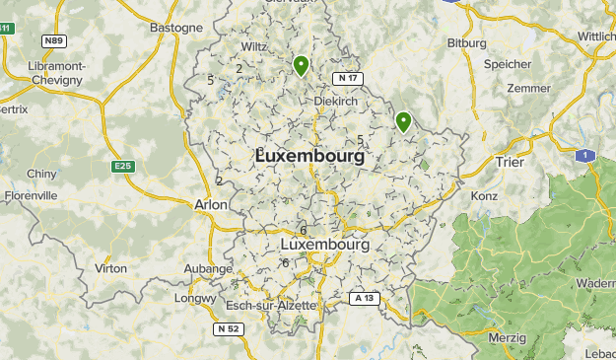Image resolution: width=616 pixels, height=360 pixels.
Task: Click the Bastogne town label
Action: [175, 28]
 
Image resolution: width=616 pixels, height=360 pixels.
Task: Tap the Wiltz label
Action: [254, 46]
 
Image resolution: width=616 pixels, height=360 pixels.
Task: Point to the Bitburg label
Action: [467, 43]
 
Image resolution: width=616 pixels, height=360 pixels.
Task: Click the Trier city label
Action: [509, 162]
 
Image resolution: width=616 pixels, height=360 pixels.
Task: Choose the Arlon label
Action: [212, 204]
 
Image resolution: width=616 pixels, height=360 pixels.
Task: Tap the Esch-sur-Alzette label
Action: [271, 305]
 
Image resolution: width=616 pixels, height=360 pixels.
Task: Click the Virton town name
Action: [110, 268]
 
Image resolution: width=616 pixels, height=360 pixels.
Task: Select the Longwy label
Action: [194, 298]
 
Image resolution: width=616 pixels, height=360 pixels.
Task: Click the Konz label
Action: [484, 195]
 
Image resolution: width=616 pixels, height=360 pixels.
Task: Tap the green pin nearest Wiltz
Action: [301, 66]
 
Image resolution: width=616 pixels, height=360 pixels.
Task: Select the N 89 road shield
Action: [53, 41]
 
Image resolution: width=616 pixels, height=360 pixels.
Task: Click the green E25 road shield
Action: [123, 167]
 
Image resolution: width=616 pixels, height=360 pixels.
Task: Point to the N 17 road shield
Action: [347, 78]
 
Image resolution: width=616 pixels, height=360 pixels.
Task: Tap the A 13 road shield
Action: [364, 297]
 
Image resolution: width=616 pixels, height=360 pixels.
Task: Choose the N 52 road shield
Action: [229, 327]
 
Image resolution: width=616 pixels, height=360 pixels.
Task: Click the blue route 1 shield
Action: [585, 156]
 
